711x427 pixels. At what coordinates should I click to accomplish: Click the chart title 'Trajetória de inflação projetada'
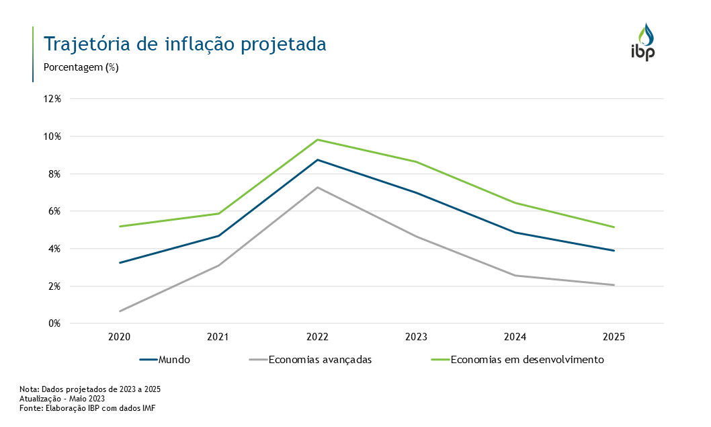pos(185,44)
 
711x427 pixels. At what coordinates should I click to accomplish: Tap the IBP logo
pos(642,42)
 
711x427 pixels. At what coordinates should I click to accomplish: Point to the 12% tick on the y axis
pos(52,99)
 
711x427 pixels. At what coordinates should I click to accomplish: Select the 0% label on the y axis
pos(55,323)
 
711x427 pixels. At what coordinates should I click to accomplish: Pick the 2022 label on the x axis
pos(317,337)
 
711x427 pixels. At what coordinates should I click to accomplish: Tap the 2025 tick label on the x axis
pos(614,337)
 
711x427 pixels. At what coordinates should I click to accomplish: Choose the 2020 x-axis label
pos(119,337)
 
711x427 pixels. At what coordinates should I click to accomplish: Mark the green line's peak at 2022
pos(317,140)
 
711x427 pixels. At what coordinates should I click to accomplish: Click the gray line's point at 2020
pos(120,311)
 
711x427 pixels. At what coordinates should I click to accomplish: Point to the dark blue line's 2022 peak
pos(317,160)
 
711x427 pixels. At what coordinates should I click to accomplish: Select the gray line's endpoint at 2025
pos(614,285)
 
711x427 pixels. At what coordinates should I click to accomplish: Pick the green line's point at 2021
pos(218,214)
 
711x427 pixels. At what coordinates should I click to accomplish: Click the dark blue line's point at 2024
pos(515,233)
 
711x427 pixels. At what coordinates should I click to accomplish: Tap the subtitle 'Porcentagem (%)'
pos(81,67)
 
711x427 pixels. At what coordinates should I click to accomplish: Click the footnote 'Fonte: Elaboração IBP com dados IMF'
pos(87,408)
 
